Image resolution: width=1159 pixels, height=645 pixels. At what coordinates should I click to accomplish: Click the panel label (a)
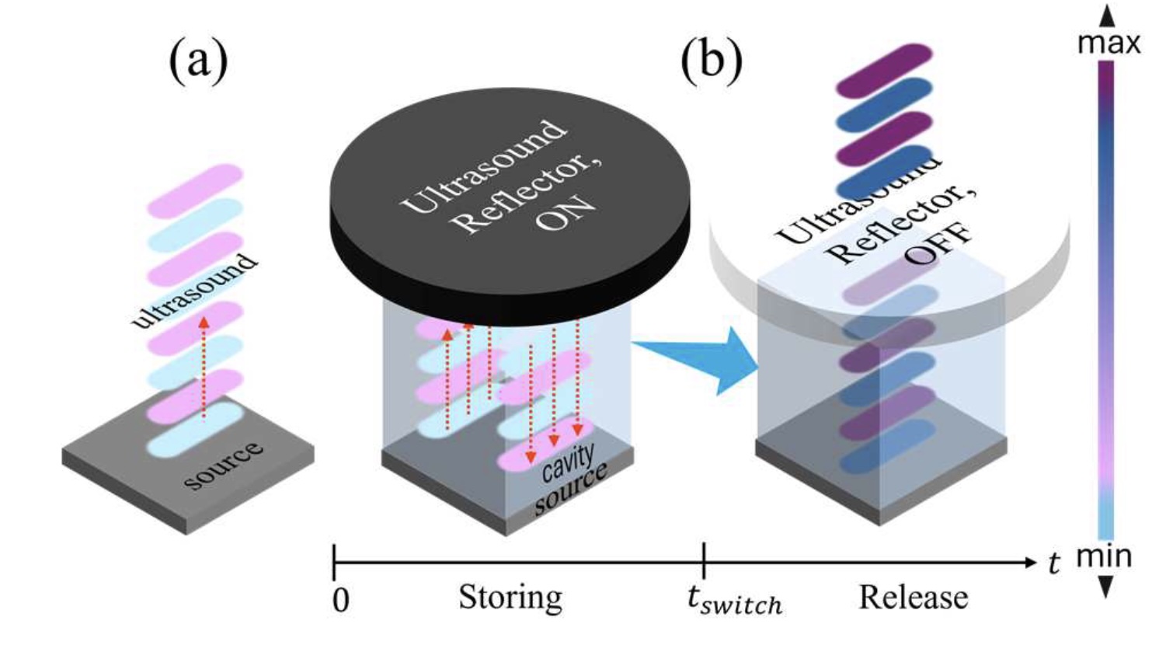[198, 61]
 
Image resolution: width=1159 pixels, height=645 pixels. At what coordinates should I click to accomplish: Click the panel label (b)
[711, 61]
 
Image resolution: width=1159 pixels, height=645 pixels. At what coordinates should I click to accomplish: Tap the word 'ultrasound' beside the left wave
[194, 289]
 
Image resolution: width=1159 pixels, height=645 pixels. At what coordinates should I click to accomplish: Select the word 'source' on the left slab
[224, 465]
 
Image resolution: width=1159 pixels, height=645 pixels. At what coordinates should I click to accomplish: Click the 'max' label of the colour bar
[1109, 43]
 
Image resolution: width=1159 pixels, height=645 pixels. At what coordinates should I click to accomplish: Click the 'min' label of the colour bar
[1104, 556]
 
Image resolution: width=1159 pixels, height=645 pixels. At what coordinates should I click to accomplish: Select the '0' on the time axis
[340, 600]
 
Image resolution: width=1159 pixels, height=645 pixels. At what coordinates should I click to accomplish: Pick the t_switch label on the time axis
[734, 599]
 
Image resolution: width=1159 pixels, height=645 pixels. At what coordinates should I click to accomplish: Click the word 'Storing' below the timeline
[510, 598]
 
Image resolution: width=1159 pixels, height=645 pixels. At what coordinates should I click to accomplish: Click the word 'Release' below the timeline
[913, 598]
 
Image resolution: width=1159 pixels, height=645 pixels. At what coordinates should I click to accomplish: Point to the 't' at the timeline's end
[1054, 562]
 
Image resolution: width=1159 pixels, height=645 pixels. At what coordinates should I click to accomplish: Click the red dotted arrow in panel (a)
[204, 365]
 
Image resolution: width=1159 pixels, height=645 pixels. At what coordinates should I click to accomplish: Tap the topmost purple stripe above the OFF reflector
[884, 60]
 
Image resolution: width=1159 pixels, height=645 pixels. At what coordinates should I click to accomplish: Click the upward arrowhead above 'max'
[1107, 16]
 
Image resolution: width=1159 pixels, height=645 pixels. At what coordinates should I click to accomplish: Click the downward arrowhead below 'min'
[1105, 586]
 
